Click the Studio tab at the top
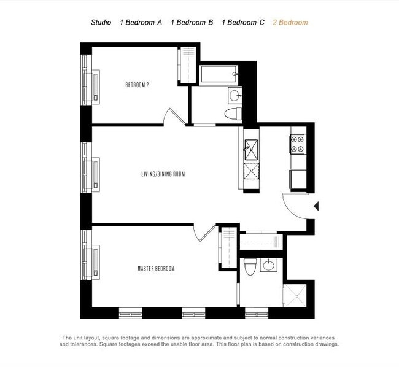(x=101, y=23)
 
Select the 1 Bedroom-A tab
(x=141, y=23)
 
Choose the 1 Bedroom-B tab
(x=192, y=23)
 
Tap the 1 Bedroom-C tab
(x=243, y=23)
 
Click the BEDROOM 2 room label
(x=136, y=85)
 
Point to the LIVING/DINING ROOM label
(x=163, y=174)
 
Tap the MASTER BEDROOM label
(x=156, y=269)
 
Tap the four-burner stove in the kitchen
(x=298, y=144)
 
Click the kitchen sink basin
(x=252, y=146)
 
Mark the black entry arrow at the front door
(x=316, y=207)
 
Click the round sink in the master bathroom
(x=269, y=265)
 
